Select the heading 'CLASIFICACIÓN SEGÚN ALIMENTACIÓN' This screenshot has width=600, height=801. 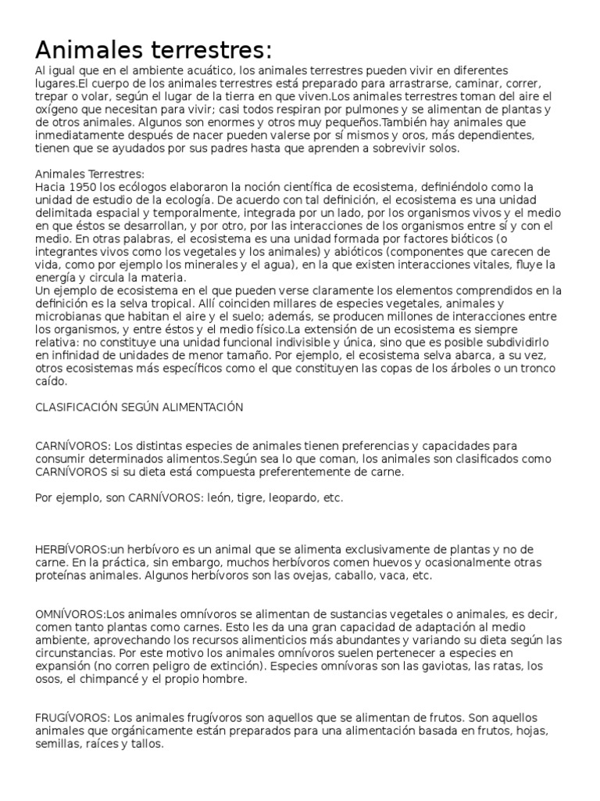click(140, 407)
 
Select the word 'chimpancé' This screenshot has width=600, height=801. click(141, 679)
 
